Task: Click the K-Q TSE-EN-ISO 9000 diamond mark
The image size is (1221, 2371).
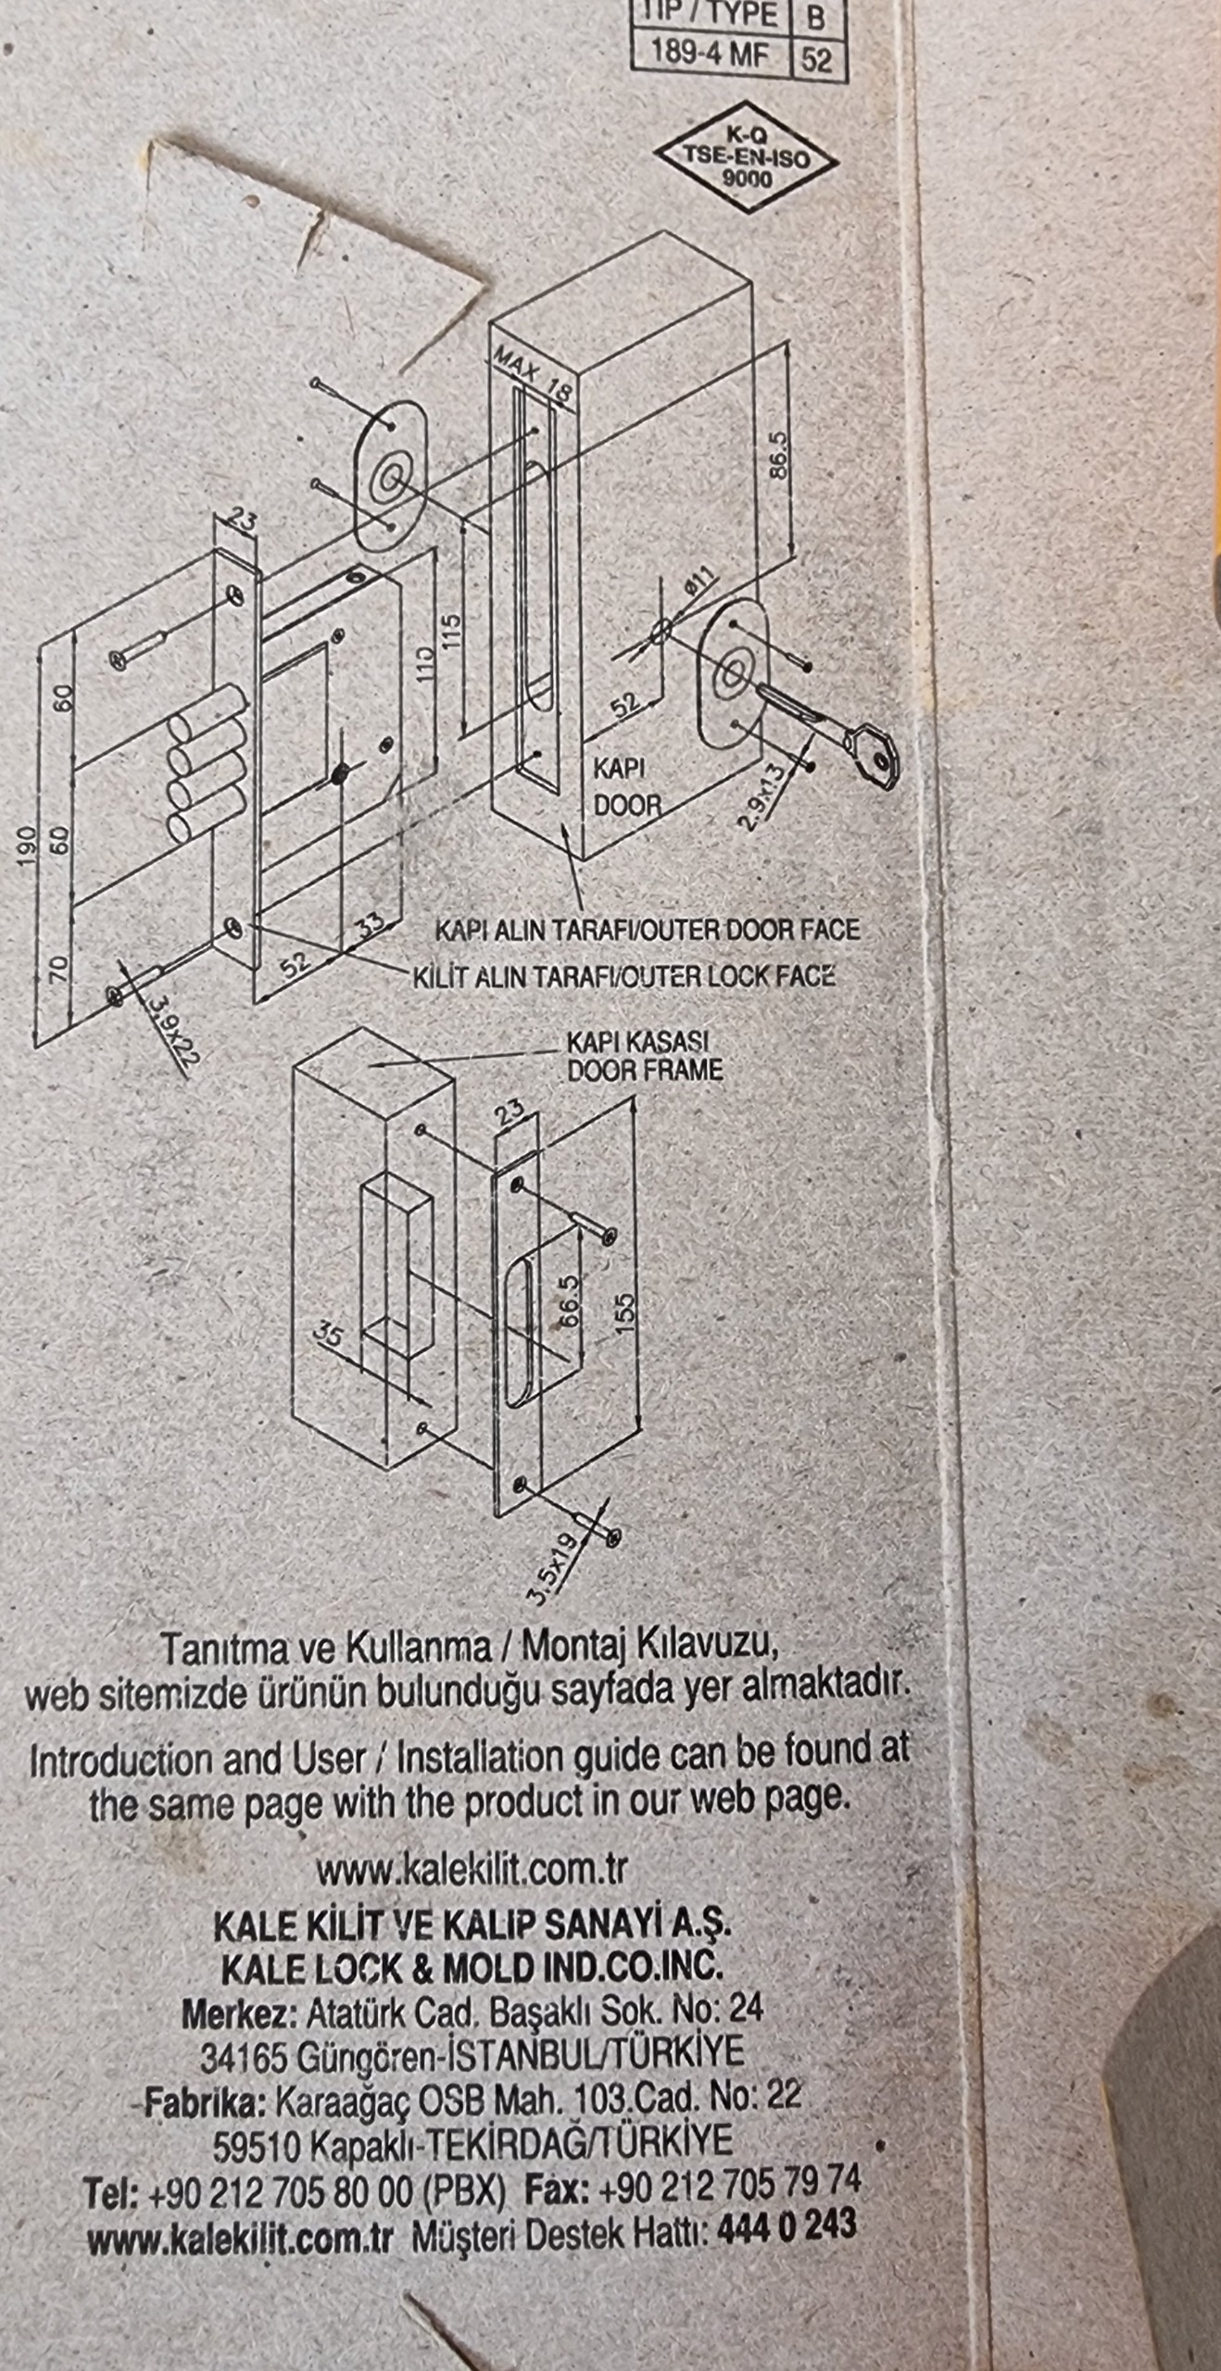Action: (747, 157)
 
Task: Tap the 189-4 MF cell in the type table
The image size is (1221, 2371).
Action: (711, 55)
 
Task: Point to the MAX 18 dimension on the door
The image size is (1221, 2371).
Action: (533, 373)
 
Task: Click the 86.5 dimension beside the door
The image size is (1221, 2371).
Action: (778, 454)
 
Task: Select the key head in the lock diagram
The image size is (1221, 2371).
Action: (873, 755)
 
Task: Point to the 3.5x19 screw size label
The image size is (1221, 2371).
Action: (552, 1568)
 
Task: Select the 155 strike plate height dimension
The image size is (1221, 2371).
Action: (626, 1312)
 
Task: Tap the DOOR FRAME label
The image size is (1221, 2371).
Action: (645, 1071)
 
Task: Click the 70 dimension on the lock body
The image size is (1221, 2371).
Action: (58, 970)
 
